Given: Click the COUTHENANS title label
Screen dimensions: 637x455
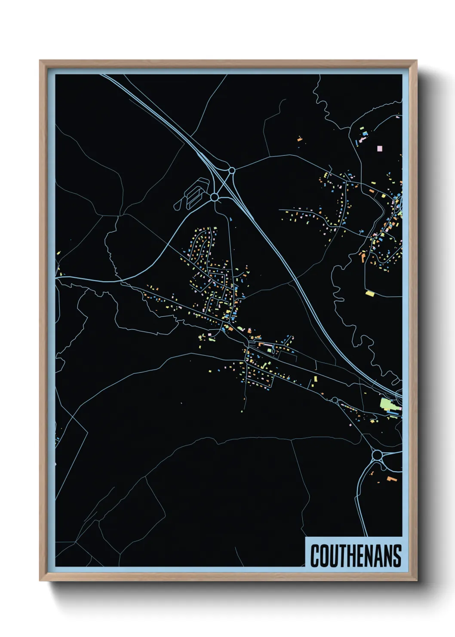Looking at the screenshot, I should [355, 555].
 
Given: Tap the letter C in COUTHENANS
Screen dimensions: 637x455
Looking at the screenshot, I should [315, 556].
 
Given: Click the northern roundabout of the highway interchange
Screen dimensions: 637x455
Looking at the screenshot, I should [232, 170].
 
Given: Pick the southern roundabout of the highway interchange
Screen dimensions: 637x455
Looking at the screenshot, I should [215, 197].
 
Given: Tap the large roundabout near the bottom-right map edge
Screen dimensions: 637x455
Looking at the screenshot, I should [377, 455].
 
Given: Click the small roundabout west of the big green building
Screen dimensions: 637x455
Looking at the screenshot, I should [335, 400].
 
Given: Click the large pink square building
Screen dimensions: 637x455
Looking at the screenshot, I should [379, 148].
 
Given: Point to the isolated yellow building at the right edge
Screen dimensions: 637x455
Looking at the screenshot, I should [370, 294].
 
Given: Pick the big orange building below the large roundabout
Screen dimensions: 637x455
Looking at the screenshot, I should [391, 478].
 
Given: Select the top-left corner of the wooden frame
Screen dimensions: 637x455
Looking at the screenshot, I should [40, 61].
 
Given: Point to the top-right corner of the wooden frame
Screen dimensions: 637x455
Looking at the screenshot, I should [416, 61].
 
